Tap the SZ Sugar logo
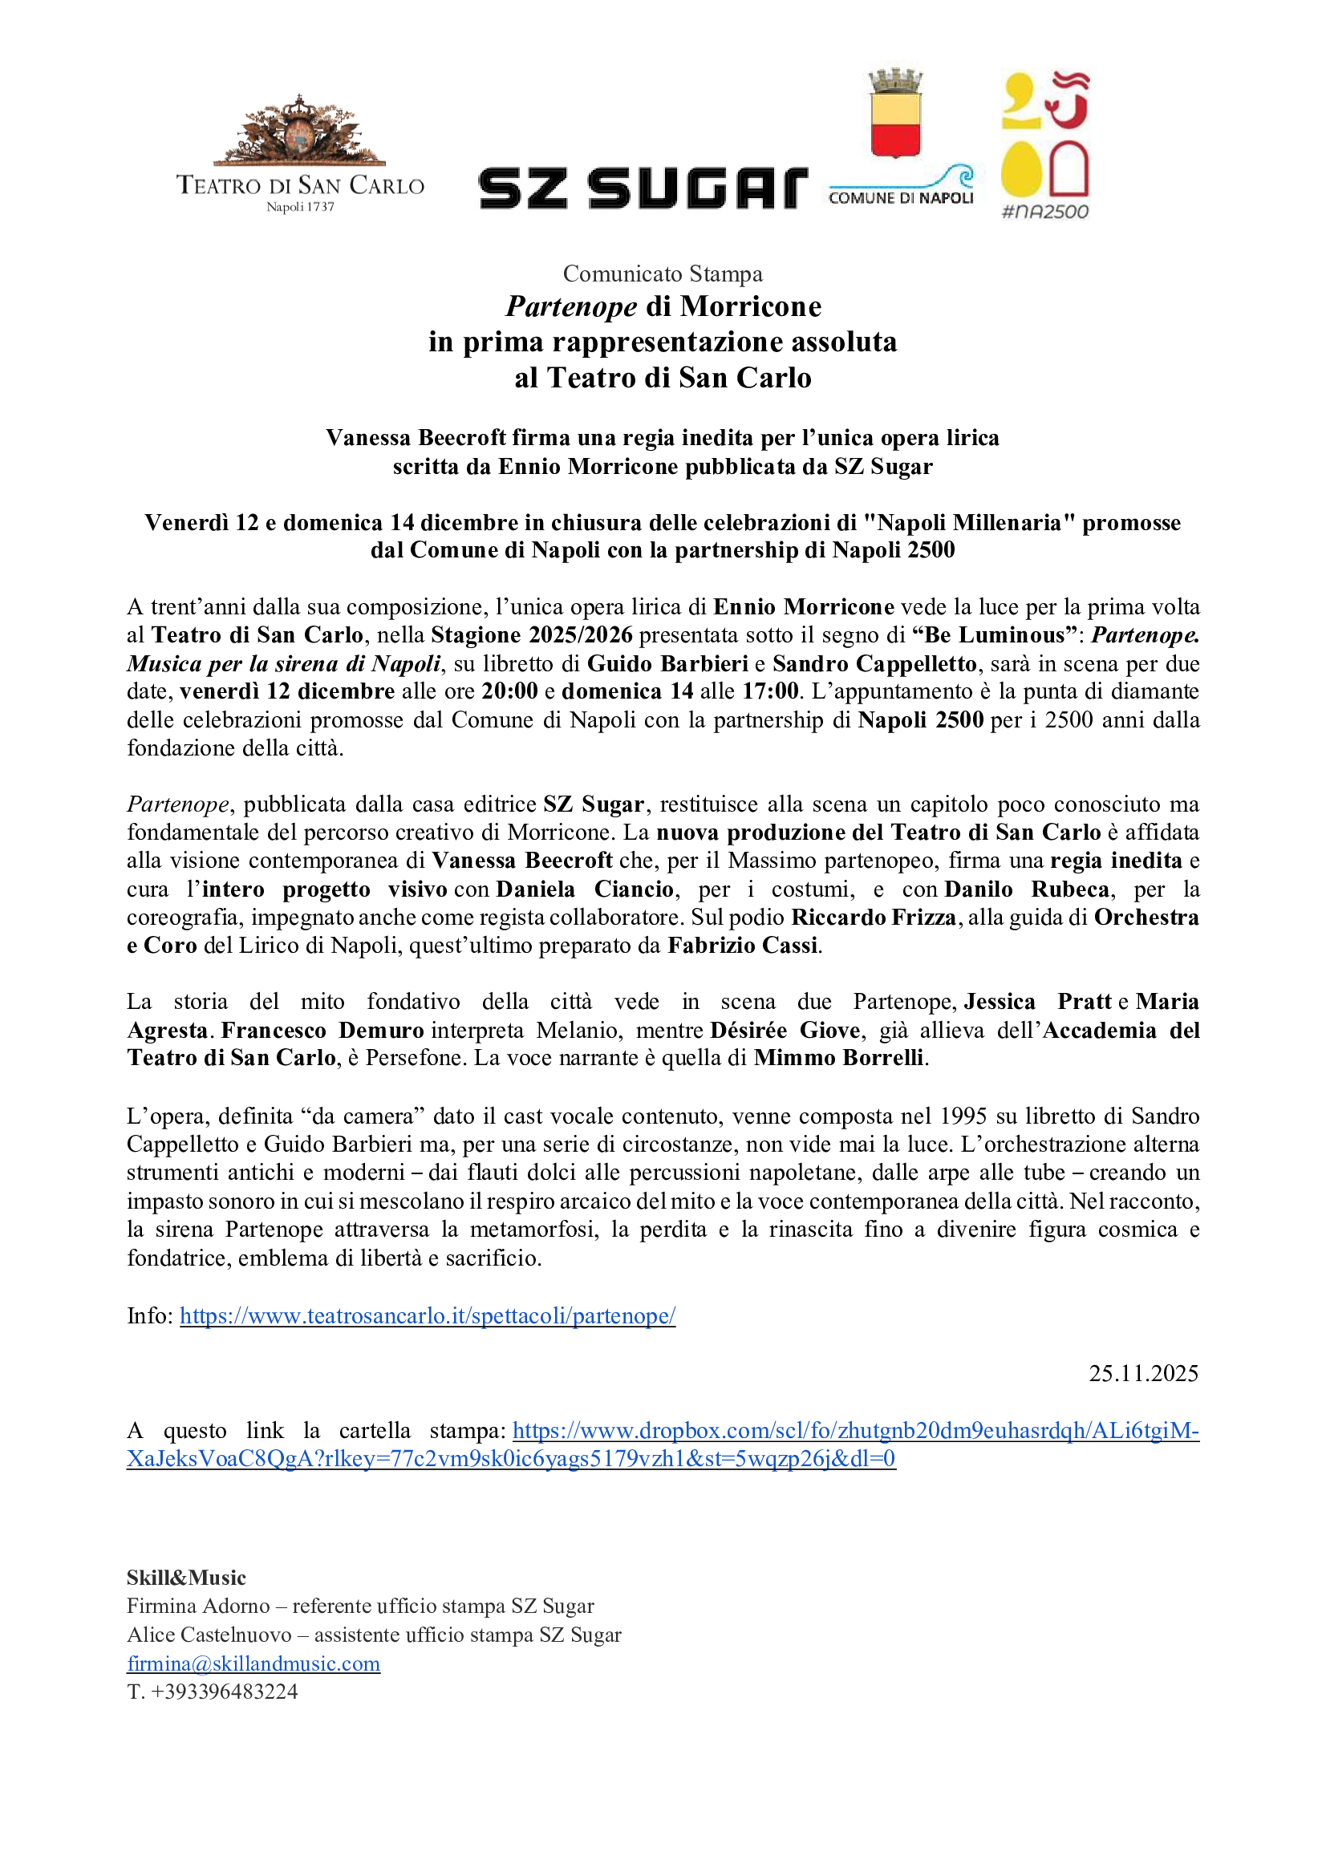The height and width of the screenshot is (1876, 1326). pos(643,188)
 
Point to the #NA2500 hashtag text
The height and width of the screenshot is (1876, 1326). pos(1045,212)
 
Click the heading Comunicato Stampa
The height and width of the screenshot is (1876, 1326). pos(663,273)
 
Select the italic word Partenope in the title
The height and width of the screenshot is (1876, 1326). pos(571,306)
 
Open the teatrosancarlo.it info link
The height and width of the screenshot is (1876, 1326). pos(428,1315)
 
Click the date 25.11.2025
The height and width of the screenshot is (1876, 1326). pos(1143,1372)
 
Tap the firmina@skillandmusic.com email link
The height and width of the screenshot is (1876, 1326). pos(253,1663)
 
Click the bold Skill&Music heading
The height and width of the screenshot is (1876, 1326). pos(186,1578)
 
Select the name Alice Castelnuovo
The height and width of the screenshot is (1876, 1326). pos(209,1635)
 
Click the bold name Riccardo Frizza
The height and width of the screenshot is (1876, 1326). pos(874,918)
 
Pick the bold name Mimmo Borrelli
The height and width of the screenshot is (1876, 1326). pos(839,1058)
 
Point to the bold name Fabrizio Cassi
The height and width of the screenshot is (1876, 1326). pos(743,946)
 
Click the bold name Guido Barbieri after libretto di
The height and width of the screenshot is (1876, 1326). pos(667,663)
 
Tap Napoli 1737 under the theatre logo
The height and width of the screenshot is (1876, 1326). pos(300,207)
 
